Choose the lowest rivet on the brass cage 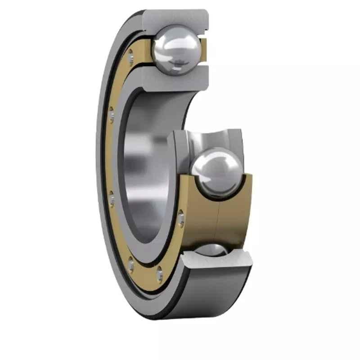coord(159,273)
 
